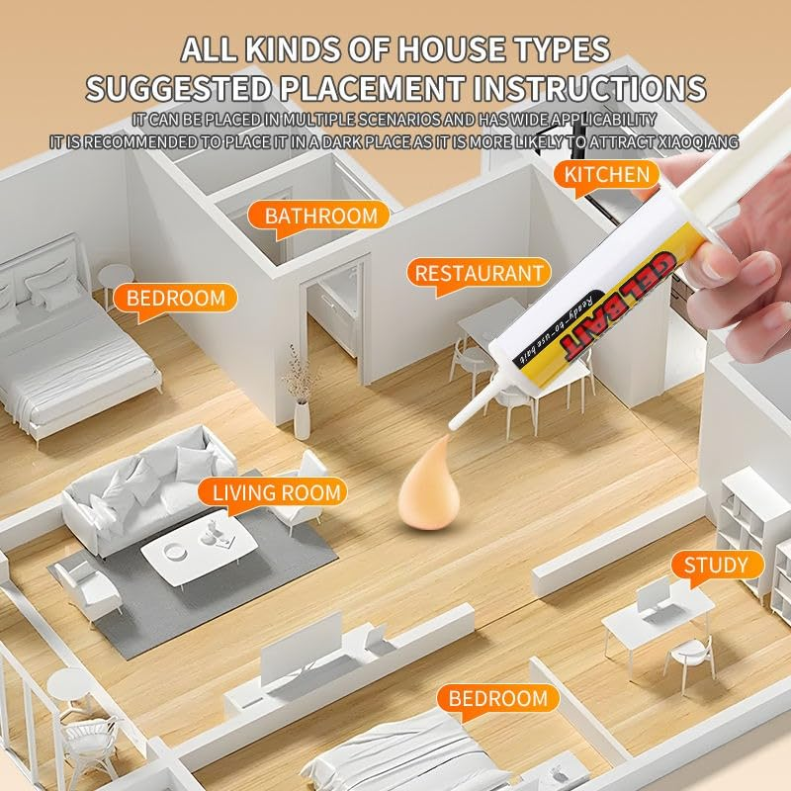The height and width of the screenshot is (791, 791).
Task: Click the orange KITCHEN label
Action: click(606, 175)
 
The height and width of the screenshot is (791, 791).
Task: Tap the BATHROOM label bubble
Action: click(319, 216)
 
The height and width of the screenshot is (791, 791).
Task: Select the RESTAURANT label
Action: click(479, 273)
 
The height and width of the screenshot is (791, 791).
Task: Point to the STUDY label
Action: click(716, 565)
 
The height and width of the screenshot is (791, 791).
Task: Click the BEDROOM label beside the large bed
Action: click(175, 299)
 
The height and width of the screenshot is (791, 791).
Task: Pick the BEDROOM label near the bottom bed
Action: click(498, 699)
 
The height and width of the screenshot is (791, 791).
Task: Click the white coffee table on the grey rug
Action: click(199, 549)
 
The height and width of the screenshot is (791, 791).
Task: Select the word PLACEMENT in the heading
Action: click(372, 88)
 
